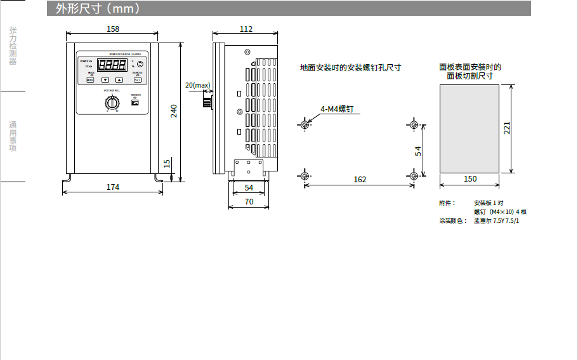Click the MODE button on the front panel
click(x=90, y=80)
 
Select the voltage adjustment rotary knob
click(x=112, y=102)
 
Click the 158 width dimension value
click(x=113, y=29)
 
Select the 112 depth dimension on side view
click(x=246, y=29)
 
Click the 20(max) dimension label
click(x=197, y=85)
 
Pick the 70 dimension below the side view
click(x=249, y=201)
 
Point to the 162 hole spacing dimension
click(x=360, y=180)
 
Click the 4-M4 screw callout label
click(x=336, y=109)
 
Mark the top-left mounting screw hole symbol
click(x=305, y=124)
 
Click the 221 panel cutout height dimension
click(x=507, y=128)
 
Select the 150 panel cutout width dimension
click(x=470, y=179)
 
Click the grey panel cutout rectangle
click(x=470, y=128)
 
